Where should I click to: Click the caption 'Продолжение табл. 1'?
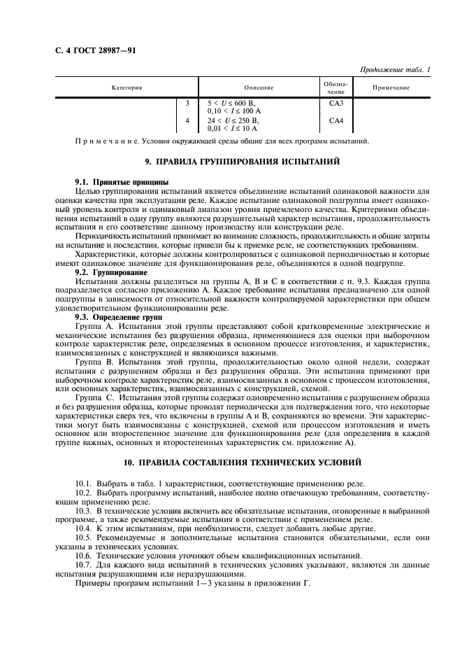(x=395, y=69)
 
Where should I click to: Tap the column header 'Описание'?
(x=259, y=87)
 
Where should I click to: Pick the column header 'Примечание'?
(x=391, y=87)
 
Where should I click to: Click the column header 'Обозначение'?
(x=336, y=87)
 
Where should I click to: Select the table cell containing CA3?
(x=336, y=103)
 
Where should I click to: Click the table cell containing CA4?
(x=336, y=120)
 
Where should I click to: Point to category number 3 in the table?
(x=187, y=103)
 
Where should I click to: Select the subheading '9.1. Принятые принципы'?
(x=117, y=181)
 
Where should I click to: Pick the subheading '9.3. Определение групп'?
(x=118, y=317)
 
